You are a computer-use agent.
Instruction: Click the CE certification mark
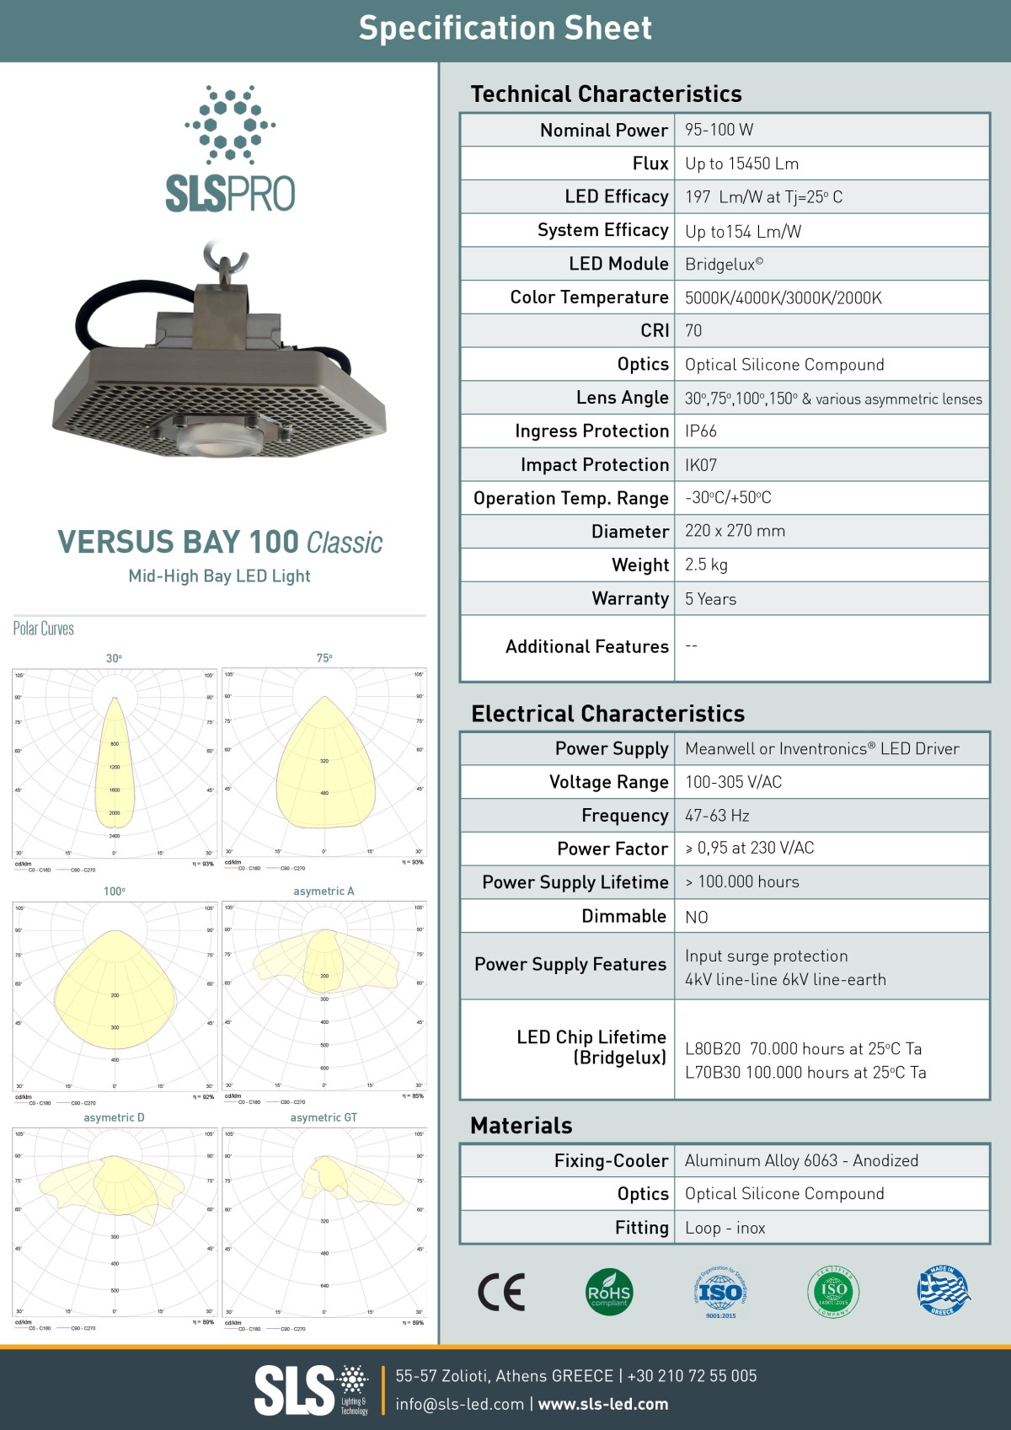[x=501, y=1292]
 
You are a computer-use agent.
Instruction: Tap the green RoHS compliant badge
[x=608, y=1292]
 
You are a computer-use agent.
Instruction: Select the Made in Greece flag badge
[x=944, y=1290]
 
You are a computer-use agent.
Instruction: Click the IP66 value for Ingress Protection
[x=701, y=431]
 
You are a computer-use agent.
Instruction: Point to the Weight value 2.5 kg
[x=706, y=565]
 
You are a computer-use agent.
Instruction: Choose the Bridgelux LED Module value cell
[x=724, y=264]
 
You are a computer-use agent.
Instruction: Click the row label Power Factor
[x=612, y=849]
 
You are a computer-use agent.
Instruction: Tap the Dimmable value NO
[x=697, y=917]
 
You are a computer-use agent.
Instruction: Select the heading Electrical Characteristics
[x=607, y=714]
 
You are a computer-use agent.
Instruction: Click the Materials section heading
[x=521, y=1125]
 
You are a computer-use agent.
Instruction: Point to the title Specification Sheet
[x=505, y=29]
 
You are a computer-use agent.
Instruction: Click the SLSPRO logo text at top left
[x=230, y=194]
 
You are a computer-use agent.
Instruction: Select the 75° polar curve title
[x=324, y=658]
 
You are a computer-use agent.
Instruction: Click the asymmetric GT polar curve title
[x=324, y=1117]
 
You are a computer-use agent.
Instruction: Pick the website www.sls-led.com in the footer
[x=603, y=1404]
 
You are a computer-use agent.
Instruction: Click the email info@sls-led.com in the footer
[x=460, y=1404]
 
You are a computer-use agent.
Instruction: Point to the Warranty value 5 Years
[x=710, y=599]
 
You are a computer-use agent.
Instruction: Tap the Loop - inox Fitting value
[x=725, y=1228]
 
